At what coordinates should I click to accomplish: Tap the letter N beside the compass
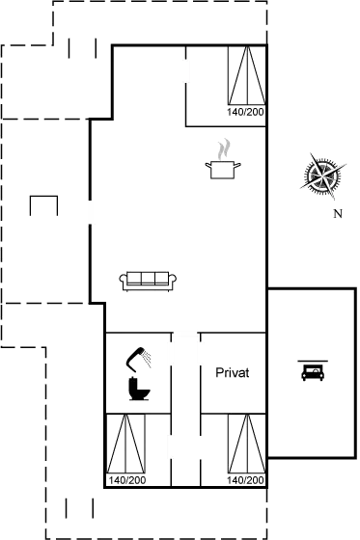337,213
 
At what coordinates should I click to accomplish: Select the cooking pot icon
224,169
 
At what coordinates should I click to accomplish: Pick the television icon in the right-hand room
312,370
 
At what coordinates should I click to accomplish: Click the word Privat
233,372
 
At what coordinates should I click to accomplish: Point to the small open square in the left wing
43,207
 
